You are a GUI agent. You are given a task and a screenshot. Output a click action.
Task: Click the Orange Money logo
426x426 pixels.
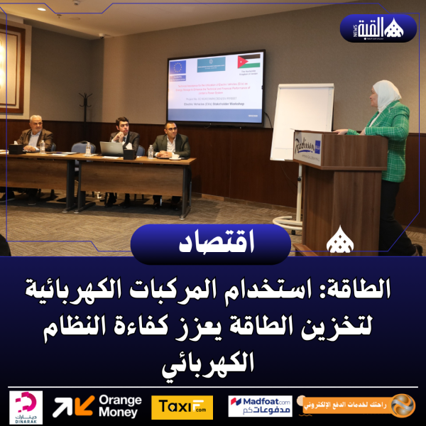98,406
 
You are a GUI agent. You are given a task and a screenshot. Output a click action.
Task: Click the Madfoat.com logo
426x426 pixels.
260,406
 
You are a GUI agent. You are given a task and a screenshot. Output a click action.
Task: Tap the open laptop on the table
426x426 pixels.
112,148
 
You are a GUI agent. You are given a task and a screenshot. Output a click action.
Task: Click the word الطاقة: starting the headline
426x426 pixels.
377,289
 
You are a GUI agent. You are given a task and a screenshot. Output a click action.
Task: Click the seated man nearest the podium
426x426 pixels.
171,141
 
